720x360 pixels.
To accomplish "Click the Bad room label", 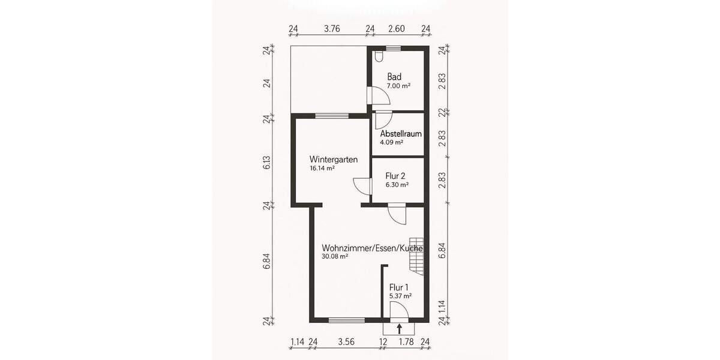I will tap(394, 77).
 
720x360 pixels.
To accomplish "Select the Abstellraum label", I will tap(401, 134).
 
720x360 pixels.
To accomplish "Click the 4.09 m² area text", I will tap(391, 143).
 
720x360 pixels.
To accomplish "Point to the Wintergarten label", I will tap(334, 160).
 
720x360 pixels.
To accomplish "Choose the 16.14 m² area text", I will tap(322, 169).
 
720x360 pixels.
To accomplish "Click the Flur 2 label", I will tap(395, 176).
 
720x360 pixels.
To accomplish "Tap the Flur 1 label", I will tap(399, 287).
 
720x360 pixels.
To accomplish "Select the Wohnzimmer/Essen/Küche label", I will tap(372, 248).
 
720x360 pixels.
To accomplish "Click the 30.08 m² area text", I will tap(335, 256).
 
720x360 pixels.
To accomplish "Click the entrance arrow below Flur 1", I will tap(399, 328).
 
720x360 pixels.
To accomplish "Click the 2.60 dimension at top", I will tap(396, 28).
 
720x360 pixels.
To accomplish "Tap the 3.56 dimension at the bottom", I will tap(346, 342).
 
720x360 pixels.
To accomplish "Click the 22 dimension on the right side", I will tap(442, 112).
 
